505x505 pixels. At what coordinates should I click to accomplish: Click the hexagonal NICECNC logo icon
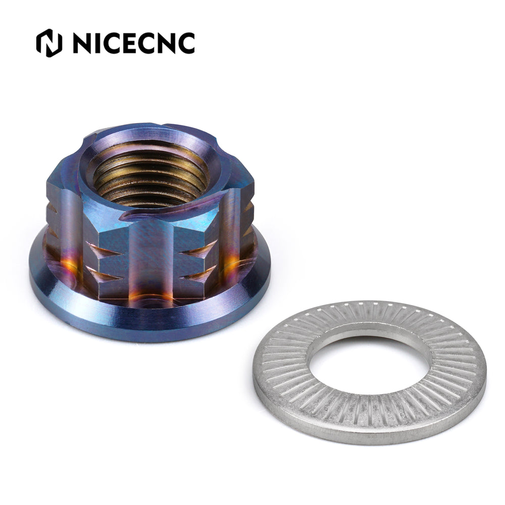tap(49, 43)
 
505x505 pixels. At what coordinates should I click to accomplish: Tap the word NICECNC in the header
tap(133, 43)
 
